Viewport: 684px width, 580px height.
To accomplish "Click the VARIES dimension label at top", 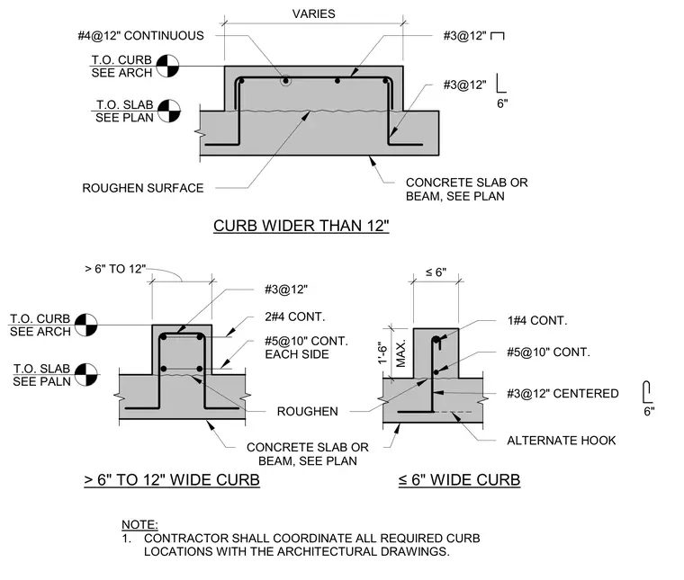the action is pos(313,14).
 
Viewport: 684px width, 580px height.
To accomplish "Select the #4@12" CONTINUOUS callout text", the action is pos(141,36).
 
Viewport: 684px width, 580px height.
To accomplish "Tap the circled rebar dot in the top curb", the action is pos(285,81).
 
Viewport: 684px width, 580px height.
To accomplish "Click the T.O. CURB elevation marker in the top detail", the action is pos(167,66).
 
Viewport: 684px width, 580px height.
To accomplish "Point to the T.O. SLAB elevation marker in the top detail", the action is pos(169,111).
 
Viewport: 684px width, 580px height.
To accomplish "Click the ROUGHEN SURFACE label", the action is pos(143,188).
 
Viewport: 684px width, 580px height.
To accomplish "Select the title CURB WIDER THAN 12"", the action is pos(301,226).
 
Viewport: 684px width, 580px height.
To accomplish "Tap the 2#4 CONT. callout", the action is pos(295,317).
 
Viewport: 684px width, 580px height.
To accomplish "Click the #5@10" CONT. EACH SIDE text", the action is pos(306,347).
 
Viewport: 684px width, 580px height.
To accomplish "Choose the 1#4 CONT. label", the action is pos(537,321).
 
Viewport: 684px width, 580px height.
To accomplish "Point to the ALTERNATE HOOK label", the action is pos(562,441).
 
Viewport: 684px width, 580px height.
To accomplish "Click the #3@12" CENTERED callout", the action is pos(562,394).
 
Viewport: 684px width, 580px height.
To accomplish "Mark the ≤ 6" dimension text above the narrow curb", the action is pos(436,272).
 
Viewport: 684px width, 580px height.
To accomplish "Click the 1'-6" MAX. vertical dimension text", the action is pos(391,353).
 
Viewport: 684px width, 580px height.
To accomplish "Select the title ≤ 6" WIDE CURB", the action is pos(459,480).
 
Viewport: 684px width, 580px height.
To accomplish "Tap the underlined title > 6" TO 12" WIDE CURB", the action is pos(172,480).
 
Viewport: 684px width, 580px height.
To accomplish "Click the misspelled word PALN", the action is pos(57,382).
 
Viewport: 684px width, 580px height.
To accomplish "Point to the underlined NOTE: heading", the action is pos(139,524).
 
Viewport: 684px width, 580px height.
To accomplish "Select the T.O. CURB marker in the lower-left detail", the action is pos(85,326).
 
